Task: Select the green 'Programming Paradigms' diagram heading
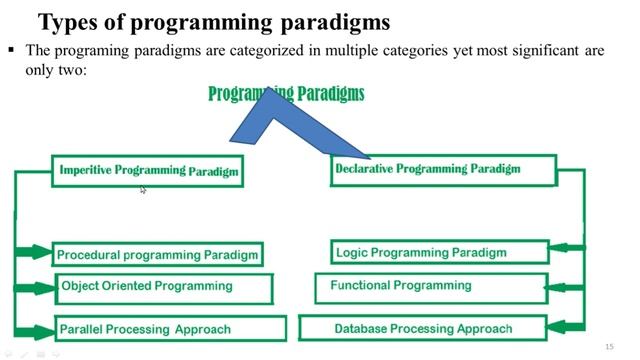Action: pos(286,94)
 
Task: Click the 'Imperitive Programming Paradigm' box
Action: pos(148,171)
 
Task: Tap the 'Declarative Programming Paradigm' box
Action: pos(441,169)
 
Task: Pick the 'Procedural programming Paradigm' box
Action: pos(157,255)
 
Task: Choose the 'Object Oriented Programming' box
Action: pos(164,287)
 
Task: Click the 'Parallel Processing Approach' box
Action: pos(171,329)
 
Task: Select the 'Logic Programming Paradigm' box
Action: pos(439,253)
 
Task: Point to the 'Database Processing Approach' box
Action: pos(423,328)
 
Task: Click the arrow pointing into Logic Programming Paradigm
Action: pos(568,246)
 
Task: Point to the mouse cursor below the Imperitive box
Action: pos(143,189)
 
